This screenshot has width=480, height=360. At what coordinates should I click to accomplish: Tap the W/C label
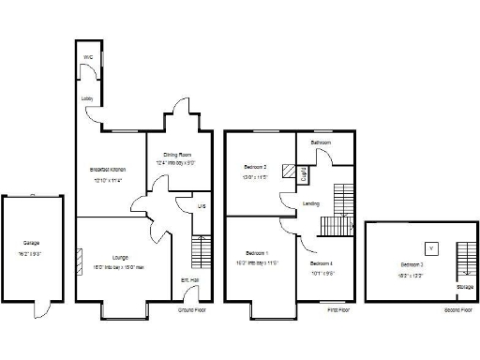88,57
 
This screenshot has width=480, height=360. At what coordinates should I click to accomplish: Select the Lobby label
86,97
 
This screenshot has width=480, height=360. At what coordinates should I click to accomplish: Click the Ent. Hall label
190,279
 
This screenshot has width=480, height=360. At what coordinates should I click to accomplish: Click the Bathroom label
322,142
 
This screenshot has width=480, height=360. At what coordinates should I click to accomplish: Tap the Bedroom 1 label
256,253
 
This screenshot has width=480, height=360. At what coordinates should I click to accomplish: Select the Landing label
311,203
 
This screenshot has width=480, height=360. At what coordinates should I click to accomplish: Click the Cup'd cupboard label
304,173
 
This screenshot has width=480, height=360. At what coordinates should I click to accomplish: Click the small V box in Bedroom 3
430,248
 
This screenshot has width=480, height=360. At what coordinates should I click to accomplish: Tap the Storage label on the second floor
465,288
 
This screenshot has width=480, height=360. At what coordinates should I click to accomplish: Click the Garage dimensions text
31,254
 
